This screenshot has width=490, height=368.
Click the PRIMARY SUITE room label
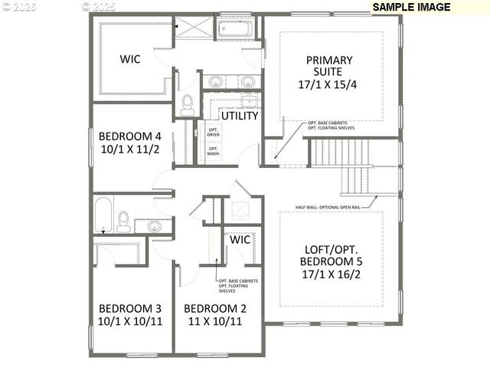pos(329,67)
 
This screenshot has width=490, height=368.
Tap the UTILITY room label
pos(240,116)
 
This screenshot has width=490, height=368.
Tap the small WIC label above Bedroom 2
pos(240,239)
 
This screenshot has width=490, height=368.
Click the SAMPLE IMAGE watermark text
pos(412,7)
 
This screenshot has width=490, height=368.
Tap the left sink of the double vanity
pos(215,81)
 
